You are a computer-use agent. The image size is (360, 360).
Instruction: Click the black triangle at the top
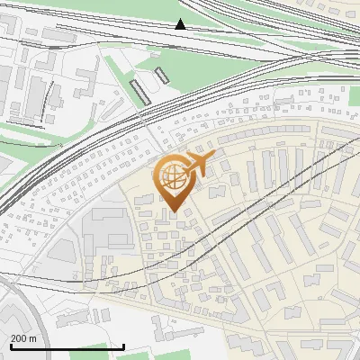181,24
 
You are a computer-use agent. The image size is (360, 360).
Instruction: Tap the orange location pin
173,180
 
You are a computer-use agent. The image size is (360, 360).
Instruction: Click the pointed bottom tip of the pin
173,211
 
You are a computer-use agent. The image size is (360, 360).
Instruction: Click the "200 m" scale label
23,338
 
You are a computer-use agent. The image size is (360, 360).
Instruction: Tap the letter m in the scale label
33,338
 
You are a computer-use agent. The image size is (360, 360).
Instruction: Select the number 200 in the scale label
19,338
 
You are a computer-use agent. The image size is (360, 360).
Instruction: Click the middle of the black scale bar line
67,346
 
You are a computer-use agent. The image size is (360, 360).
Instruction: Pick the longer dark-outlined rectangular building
140,91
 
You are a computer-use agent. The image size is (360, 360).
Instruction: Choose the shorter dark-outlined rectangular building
162,74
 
